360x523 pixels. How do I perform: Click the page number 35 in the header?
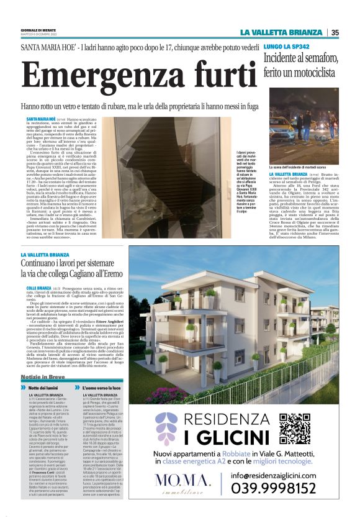coord(335,32)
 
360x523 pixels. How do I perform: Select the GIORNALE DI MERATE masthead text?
coord(39,30)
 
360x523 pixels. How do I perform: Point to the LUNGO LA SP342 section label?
coord(286,47)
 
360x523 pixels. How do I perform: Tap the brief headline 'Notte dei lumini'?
coord(46,388)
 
